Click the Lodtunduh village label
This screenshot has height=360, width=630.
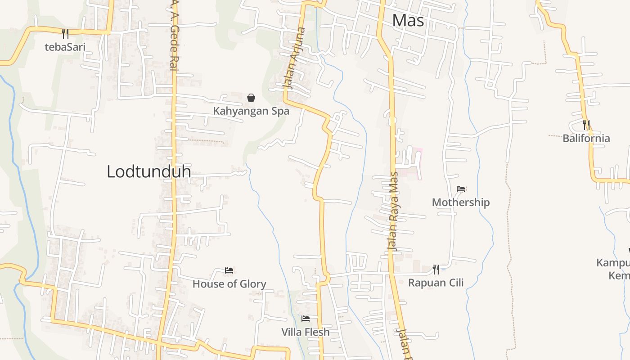[148, 171]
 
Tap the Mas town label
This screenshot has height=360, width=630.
[408, 20]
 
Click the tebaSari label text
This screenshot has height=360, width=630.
[65, 46]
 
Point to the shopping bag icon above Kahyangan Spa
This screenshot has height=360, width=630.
[251, 97]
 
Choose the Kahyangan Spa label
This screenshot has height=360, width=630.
[251, 111]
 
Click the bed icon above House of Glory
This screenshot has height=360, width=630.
[229, 270]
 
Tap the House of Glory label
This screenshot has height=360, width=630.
[229, 284]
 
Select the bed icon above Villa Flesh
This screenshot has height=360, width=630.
[306, 319]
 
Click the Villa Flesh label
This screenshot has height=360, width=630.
[306, 332]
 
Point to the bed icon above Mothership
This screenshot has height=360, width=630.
[461, 189]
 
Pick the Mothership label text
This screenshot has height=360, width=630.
[461, 202]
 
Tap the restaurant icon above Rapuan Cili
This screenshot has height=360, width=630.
[436, 269]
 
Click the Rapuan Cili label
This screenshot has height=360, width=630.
[436, 283]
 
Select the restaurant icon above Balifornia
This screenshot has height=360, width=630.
[586, 125]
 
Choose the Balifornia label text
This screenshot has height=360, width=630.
[586, 138]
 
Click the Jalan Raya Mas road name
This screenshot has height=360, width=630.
[394, 211]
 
